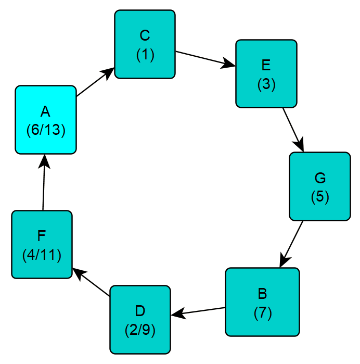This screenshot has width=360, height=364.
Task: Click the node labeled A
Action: tap(46, 120)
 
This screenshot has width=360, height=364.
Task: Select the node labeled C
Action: tap(145, 44)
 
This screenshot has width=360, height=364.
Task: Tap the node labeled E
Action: tap(266, 73)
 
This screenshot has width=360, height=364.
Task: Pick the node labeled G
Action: tap(319, 186)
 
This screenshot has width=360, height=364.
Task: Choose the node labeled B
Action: tap(262, 302)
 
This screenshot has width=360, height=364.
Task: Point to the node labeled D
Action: tap(140, 319)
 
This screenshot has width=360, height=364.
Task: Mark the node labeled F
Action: tap(42, 244)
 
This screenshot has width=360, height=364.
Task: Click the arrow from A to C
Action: tap(95, 82)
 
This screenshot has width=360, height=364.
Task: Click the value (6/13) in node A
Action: tap(46, 130)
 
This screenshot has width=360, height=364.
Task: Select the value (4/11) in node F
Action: tap(42, 255)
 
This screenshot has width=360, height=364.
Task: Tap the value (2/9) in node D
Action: tap(140, 330)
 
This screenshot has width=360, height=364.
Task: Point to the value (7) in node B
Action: tap(262, 313)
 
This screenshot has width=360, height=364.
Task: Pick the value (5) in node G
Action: tap(319, 197)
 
